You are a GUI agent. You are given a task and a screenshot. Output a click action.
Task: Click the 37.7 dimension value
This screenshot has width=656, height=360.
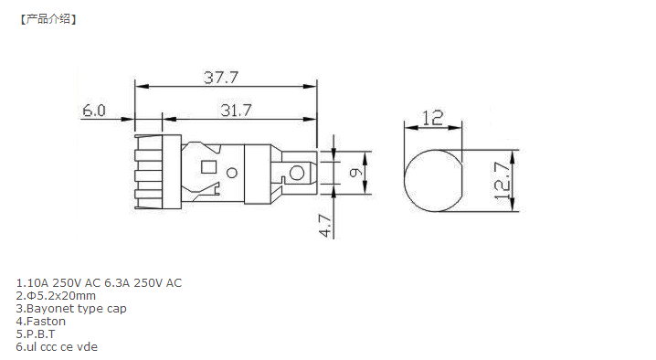(x=221, y=78)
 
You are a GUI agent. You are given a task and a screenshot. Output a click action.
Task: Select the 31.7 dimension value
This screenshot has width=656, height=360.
(x=236, y=111)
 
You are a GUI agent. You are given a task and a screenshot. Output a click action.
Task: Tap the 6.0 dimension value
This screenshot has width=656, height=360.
(x=94, y=111)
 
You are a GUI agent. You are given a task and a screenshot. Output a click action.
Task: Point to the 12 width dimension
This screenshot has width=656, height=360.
(x=432, y=118)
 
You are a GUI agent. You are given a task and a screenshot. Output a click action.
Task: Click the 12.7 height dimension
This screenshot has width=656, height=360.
(x=502, y=181)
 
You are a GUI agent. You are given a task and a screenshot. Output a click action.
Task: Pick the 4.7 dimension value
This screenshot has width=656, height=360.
(x=325, y=226)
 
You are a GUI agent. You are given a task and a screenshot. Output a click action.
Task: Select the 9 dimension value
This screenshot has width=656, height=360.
(x=355, y=173)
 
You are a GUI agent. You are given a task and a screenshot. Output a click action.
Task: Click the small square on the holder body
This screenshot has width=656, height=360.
(x=208, y=167)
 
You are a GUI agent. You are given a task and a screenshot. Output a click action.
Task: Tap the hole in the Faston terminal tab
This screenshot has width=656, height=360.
(x=297, y=173)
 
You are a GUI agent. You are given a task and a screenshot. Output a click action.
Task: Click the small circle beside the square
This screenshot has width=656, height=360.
(x=232, y=173)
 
